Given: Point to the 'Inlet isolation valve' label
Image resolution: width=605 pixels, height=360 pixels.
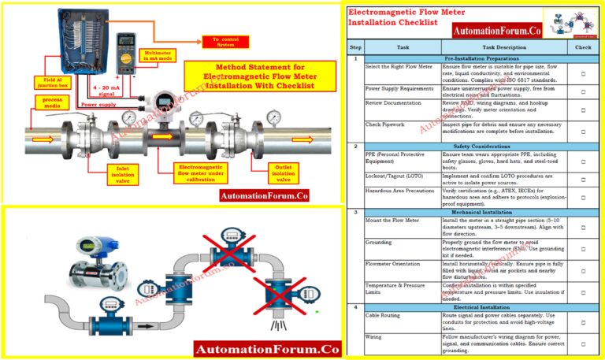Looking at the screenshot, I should (107, 172).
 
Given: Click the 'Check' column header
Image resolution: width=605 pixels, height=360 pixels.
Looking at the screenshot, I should (582, 46).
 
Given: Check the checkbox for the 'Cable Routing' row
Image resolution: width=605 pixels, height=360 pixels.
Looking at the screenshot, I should (582, 322).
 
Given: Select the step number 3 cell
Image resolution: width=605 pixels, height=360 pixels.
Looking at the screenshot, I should (355, 213).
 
